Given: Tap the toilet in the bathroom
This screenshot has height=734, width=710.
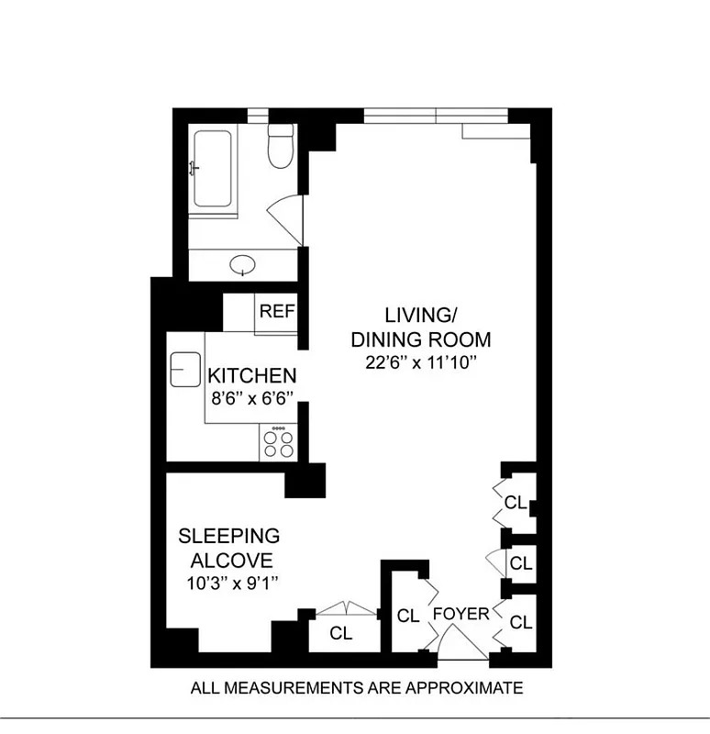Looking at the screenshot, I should pos(279,147).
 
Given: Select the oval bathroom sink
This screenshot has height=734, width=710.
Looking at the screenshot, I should pos(243,266).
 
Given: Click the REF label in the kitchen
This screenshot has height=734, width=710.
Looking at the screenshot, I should pos(277,311).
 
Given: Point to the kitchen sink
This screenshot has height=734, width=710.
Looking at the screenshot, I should pos(184,369).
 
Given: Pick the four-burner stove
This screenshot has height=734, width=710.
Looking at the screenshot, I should pos(279,443).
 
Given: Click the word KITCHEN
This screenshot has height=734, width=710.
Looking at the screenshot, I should pos(251,375).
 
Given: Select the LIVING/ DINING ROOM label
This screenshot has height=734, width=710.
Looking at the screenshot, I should pos(421,327).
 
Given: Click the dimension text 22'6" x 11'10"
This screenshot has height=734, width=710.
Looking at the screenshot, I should pos(421,363).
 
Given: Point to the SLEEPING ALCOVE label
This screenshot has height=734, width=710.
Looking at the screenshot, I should pos(228,547).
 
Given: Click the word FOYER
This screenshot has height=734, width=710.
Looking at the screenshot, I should pos(461,614).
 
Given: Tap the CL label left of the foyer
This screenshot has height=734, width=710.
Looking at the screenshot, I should pos(408,616).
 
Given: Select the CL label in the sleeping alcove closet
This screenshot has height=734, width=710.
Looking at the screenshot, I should pos(341,632).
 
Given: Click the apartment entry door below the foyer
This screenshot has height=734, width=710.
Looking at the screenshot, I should pos(463,647).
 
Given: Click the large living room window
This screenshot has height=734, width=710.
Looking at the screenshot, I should pos(435,116).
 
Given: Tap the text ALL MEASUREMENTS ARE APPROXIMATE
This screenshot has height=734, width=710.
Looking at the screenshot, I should pos(356,687).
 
